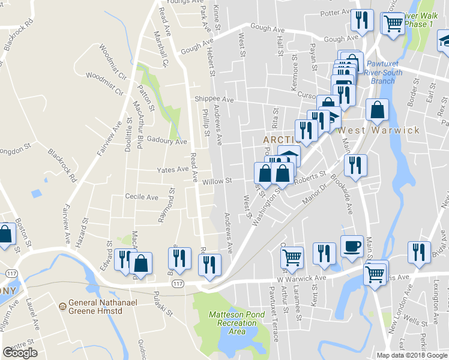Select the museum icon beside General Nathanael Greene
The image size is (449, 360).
(62, 307)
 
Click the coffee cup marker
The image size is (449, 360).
(352, 246)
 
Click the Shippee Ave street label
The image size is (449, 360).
(214, 100)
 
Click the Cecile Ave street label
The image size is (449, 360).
(141, 197)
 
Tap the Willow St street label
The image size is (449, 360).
(217, 181)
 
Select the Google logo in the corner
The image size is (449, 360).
(20, 353)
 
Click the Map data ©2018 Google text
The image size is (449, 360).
(412, 355)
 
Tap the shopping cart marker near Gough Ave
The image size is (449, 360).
(393, 25)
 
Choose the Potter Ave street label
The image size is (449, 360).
(336, 12)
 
